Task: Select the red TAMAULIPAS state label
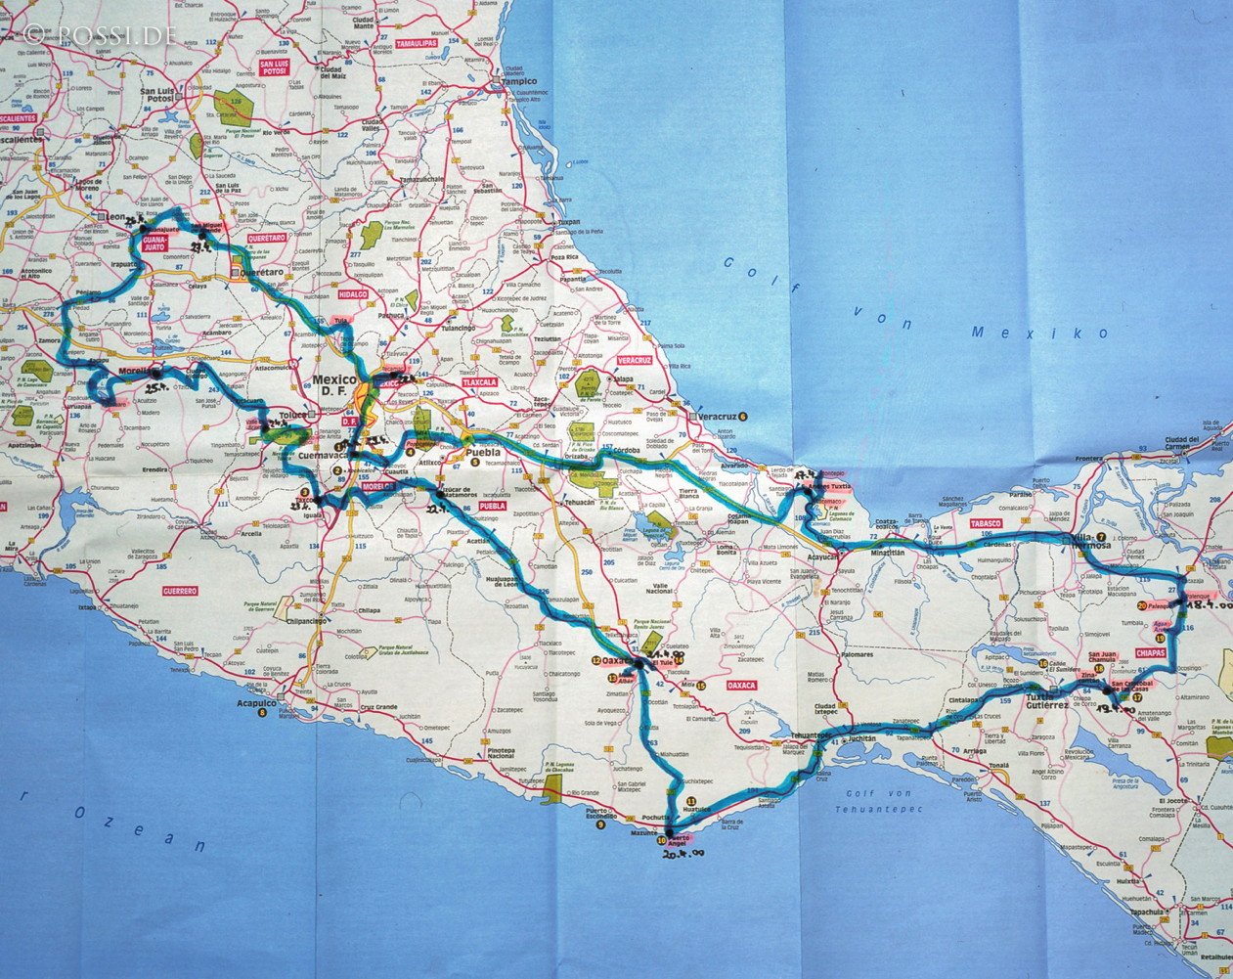(416, 44)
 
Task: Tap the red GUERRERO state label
(181, 591)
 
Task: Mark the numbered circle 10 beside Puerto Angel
(662, 840)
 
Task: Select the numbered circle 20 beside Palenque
(1155, 606)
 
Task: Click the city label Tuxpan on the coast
(569, 223)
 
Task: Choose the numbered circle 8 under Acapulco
(261, 713)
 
